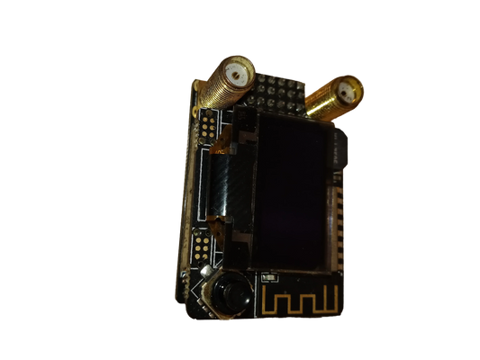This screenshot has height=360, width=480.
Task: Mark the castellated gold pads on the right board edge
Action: click(x=340, y=216)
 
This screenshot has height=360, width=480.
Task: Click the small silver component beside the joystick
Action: click(x=207, y=271)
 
